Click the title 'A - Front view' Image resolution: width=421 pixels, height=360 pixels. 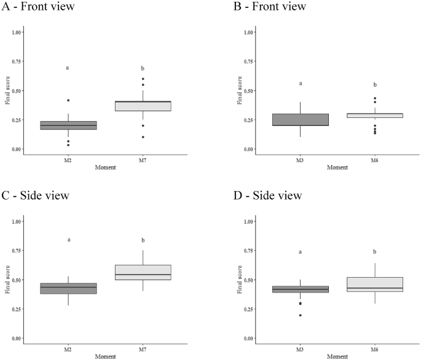pyautogui.click(x=41, y=7)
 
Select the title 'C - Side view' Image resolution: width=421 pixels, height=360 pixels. pyautogui.click(x=37, y=196)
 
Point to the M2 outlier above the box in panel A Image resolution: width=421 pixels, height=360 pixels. pyautogui.click(x=68, y=100)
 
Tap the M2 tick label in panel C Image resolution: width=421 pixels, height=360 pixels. pyautogui.click(x=68, y=350)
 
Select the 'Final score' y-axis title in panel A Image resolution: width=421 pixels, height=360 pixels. pyautogui.click(x=7, y=91)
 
